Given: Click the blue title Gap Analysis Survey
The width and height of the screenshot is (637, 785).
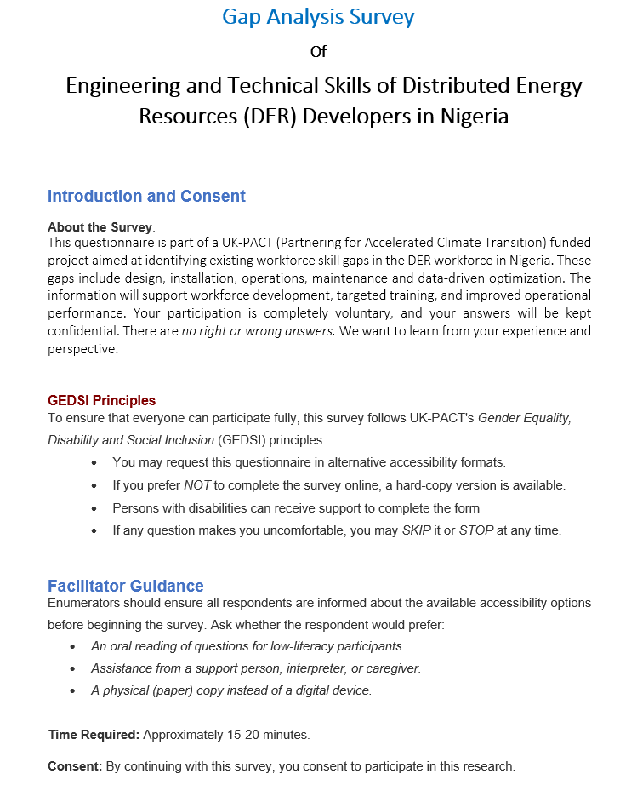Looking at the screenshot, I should pyautogui.click(x=318, y=16).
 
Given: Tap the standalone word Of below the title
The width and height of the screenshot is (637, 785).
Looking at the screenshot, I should pyautogui.click(x=318, y=52).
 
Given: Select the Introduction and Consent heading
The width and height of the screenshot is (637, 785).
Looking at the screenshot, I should pyautogui.click(x=146, y=196).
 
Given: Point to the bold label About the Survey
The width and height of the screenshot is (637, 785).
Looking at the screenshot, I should pyautogui.click(x=100, y=227).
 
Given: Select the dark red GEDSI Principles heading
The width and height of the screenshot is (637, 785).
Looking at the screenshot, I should pyautogui.click(x=101, y=400).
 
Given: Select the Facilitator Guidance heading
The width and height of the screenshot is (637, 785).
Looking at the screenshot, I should pyautogui.click(x=126, y=586).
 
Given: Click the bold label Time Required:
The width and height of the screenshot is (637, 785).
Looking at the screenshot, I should pyautogui.click(x=94, y=734).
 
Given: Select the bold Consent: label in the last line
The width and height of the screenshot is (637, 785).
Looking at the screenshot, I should pyautogui.click(x=75, y=766).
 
